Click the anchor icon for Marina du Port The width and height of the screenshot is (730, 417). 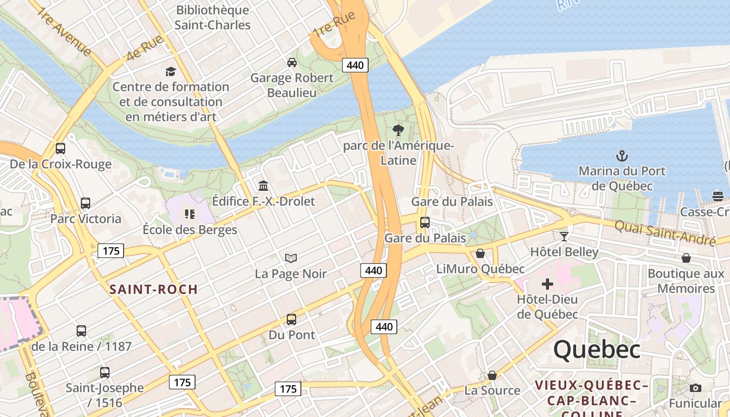coord(622,155)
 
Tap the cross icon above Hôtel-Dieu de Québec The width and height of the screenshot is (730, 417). coord(547,284)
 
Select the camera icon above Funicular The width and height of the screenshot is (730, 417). coord(695,388)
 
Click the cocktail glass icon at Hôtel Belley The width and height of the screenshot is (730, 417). coord(564,236)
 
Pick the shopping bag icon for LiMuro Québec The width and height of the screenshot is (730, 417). coord(480,253)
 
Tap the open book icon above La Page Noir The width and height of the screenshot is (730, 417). coord(291,258)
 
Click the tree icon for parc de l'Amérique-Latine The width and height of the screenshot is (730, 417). coord(398,130)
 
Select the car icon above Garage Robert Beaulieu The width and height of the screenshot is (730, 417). coord(292,62)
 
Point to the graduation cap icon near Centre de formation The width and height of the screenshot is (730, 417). coord(171,71)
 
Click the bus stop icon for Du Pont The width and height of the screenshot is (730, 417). coord(291,319)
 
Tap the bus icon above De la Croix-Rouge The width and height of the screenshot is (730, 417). coord(60,149)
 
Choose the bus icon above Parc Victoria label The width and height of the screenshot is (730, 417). coord(86,203)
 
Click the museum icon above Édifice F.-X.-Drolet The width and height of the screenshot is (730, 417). coord(263,186)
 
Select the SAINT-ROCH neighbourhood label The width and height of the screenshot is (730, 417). coord(153,289)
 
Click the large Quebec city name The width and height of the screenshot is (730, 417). coord(597,349)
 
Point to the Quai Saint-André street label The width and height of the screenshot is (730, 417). coord(665,232)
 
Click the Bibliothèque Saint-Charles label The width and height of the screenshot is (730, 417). coord(212,17)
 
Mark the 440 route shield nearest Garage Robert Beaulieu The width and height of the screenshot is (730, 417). coord(356,65)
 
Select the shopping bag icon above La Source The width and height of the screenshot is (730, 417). coord(492,375)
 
